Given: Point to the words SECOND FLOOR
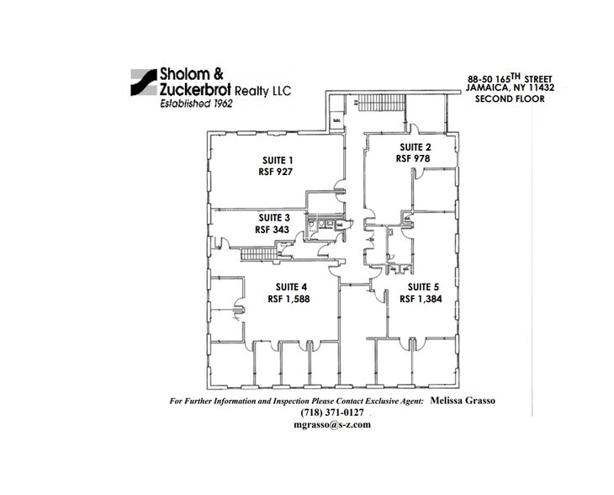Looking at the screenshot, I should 510,99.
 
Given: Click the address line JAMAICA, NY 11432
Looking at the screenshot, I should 510,89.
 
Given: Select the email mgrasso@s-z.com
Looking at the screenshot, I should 328,425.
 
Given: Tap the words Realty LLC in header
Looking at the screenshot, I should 262,89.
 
